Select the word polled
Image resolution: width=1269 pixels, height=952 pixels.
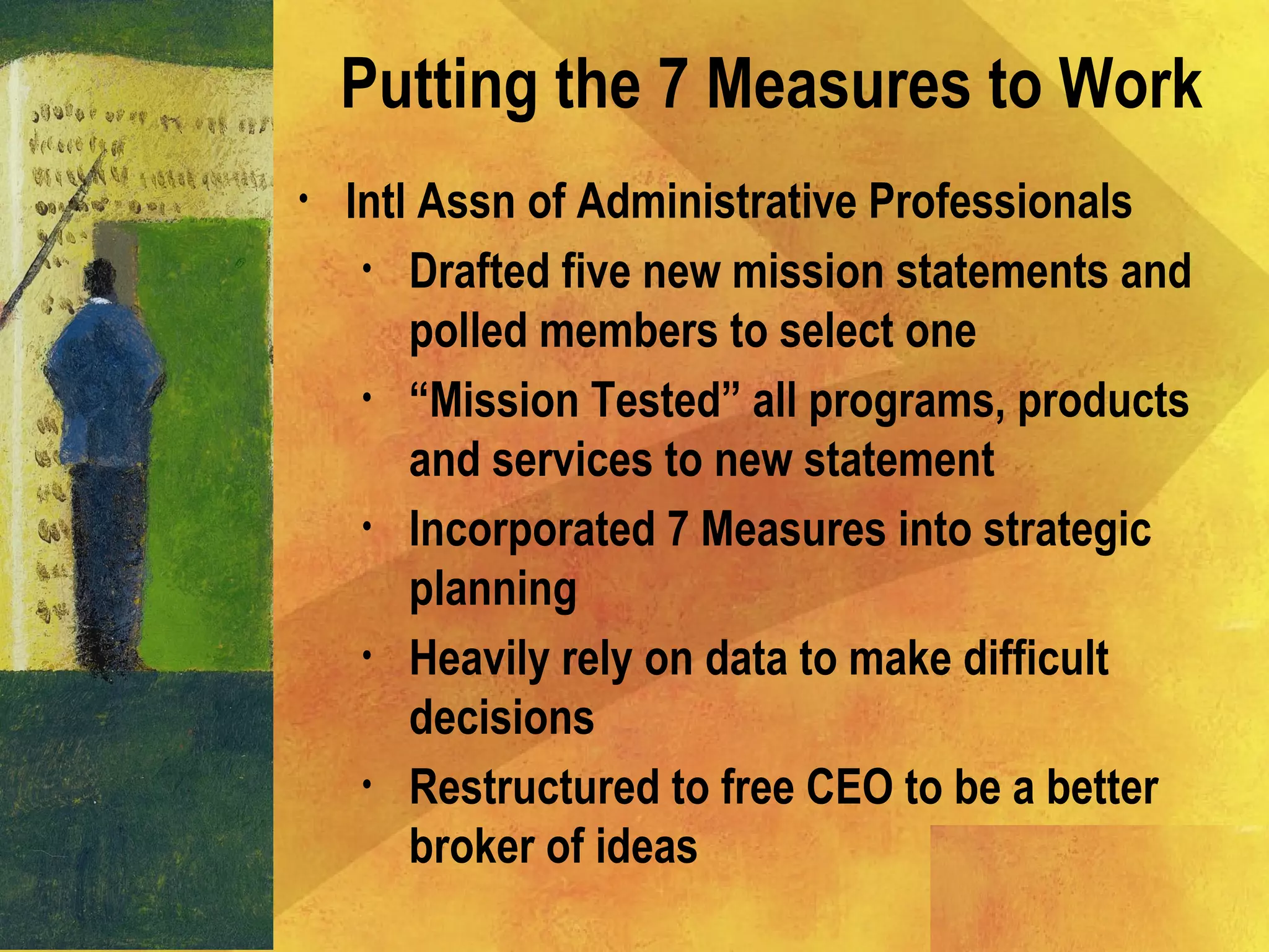pos(468,332)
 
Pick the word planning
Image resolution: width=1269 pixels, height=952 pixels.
pos(493,591)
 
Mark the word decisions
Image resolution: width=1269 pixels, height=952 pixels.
pos(502,718)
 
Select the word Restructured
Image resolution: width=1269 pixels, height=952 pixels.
pos(533,788)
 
